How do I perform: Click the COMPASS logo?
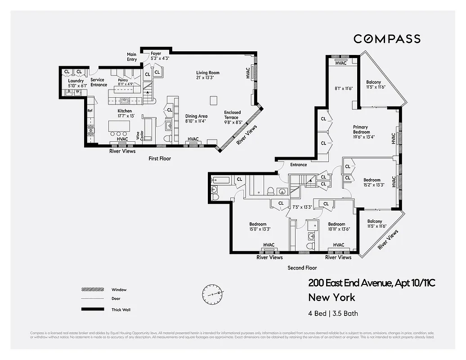click(x=387, y=39)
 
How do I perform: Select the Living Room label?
click(x=207, y=75)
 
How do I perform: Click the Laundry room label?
click(x=76, y=83)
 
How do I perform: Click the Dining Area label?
click(x=196, y=118)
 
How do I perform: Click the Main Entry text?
click(x=132, y=57)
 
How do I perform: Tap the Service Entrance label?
click(x=99, y=82)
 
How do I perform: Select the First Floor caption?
click(x=160, y=158)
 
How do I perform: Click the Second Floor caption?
click(x=302, y=268)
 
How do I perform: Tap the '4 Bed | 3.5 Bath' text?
click(x=333, y=314)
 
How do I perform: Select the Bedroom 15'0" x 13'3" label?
click(x=258, y=226)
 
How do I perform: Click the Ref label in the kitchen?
click(x=90, y=110)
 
